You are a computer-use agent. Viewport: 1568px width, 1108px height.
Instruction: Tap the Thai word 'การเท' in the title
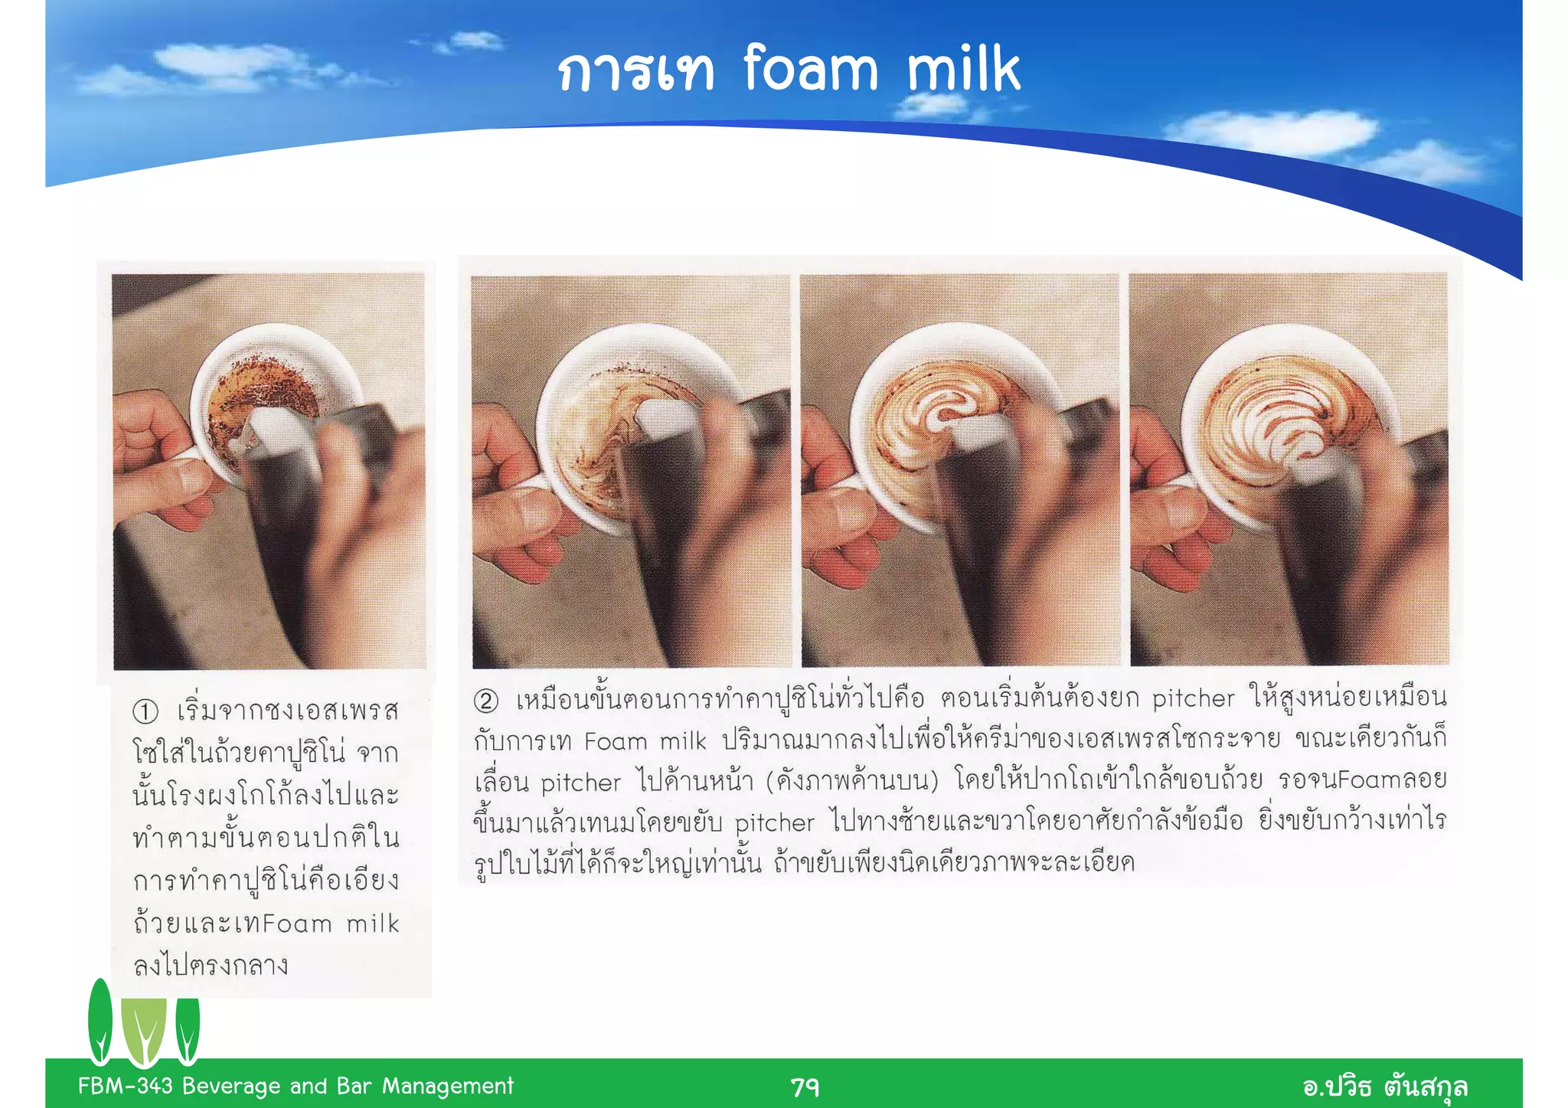(x=635, y=72)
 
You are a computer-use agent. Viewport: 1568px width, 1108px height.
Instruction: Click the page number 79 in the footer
(x=805, y=1087)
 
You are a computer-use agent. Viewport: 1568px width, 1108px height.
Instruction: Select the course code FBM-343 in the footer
(x=126, y=1086)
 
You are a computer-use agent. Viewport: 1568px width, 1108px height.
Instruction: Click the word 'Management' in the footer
(x=448, y=1086)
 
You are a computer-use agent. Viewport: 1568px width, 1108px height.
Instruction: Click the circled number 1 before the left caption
(x=145, y=711)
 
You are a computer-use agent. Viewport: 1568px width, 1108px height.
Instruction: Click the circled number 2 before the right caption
(x=485, y=701)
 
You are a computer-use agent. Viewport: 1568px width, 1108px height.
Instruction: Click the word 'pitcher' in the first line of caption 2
(x=1193, y=699)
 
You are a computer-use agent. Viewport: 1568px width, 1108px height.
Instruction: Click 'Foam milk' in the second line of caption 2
(x=645, y=741)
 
